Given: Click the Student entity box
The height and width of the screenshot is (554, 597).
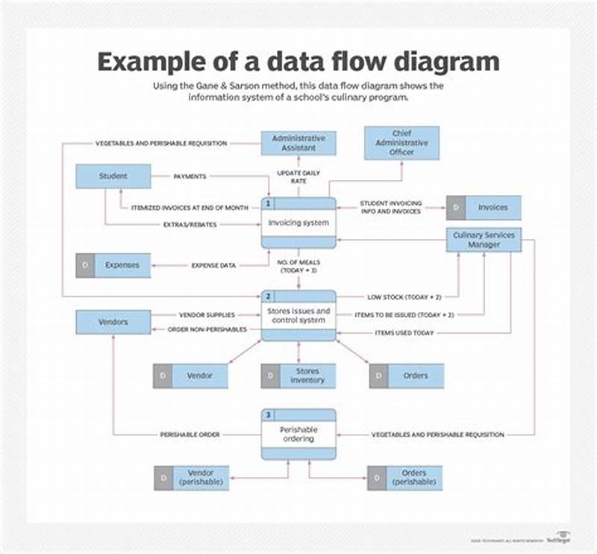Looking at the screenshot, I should [113, 177].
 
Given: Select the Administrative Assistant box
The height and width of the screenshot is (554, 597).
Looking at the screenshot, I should [298, 143].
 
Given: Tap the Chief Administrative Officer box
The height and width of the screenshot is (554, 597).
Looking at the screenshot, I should [401, 143].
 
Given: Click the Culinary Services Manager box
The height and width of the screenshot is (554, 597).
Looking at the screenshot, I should [484, 240].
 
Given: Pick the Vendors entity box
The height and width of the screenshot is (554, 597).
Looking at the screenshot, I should [113, 323].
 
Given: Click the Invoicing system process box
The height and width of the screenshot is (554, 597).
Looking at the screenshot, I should [298, 222].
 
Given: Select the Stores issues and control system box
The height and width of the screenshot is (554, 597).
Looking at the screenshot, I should [298, 315].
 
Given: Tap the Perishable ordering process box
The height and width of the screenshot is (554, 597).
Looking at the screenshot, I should [298, 435].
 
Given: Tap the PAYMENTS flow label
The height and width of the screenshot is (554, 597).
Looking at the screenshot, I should [190, 177].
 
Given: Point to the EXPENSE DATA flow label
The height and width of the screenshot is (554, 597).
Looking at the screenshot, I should [214, 265].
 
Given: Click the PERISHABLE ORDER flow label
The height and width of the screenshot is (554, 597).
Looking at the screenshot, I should [190, 435].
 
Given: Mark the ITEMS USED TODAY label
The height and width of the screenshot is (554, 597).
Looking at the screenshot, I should [404, 333].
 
